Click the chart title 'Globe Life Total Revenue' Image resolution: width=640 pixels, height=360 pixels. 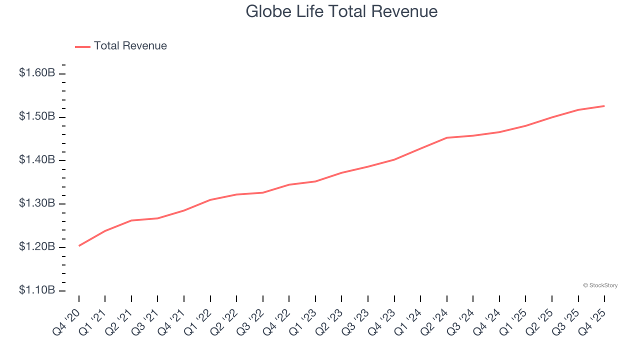pos(341,11)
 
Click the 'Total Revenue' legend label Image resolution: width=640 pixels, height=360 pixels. pos(130,46)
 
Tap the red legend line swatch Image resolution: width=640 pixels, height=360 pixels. pos(82,46)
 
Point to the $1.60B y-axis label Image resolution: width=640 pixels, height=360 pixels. pos(37,73)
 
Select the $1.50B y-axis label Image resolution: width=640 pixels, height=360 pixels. pos(37,116)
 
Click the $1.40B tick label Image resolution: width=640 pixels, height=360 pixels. pos(37,160)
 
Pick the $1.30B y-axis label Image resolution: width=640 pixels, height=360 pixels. pos(37,203)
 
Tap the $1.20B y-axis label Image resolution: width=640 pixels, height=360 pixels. pos(37,247)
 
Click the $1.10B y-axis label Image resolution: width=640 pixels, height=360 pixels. pos(37,290)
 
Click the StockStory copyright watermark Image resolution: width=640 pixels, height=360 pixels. pos(600,285)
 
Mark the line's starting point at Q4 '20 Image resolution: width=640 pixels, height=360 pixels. pos(79,245)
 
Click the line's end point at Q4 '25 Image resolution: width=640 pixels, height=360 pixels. pos(604,106)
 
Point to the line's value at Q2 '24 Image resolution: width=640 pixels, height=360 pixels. pos(447,137)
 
